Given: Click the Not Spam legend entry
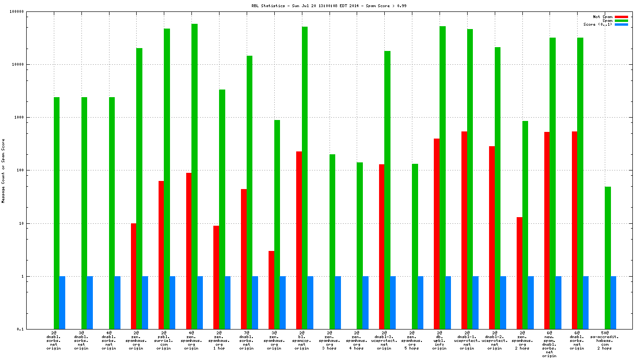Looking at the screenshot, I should (x=602, y=17).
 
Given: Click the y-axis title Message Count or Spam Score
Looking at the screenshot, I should (x=4, y=171).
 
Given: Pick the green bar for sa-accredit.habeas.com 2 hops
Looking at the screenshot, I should (x=608, y=258).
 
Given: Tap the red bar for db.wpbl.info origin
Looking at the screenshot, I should (x=437, y=234).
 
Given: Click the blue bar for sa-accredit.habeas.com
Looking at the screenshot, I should (x=613, y=302).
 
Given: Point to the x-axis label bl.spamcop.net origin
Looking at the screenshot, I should (x=301, y=340).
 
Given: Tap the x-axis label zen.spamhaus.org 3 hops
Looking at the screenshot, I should (x=329, y=340).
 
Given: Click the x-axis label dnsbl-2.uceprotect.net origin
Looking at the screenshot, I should (x=495, y=340).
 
